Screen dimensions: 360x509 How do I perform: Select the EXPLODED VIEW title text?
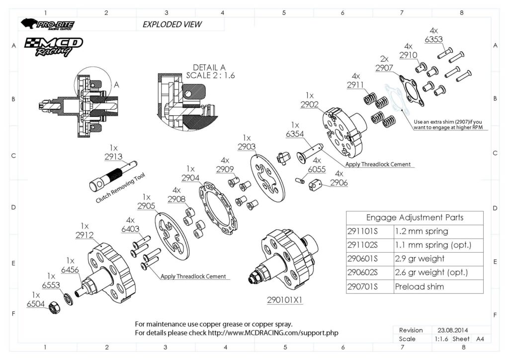pos(172,24)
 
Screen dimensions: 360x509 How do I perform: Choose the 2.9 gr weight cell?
pos(420,259)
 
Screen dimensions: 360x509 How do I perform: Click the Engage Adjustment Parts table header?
pos(415,217)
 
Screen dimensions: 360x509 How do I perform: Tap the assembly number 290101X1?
pos(285,300)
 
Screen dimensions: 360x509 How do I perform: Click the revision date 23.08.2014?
pos(452,330)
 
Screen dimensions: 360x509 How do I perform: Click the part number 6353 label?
pos(434,39)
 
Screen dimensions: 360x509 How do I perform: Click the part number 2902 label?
pos(309,104)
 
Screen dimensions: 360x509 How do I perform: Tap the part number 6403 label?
pos(130,229)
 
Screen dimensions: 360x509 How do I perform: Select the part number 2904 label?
pos(190,178)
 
